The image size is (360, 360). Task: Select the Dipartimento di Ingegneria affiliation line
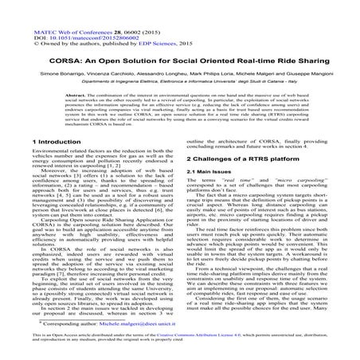(x=179, y=78)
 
